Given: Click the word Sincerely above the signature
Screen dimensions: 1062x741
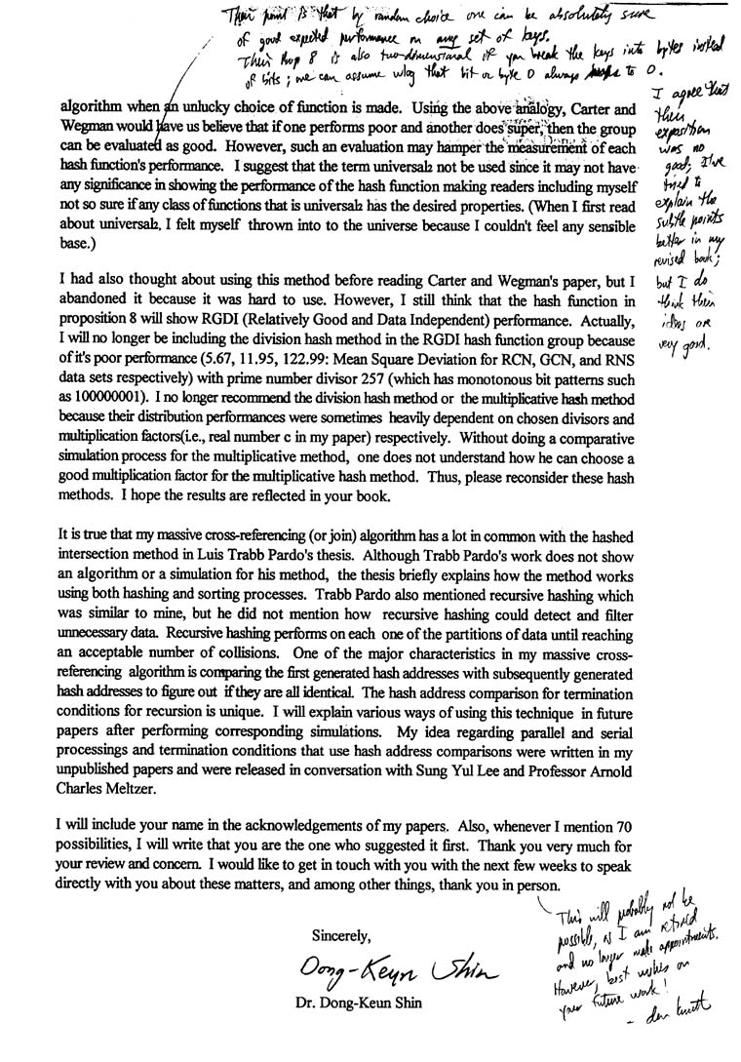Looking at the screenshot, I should pyautogui.click(x=340, y=935).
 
